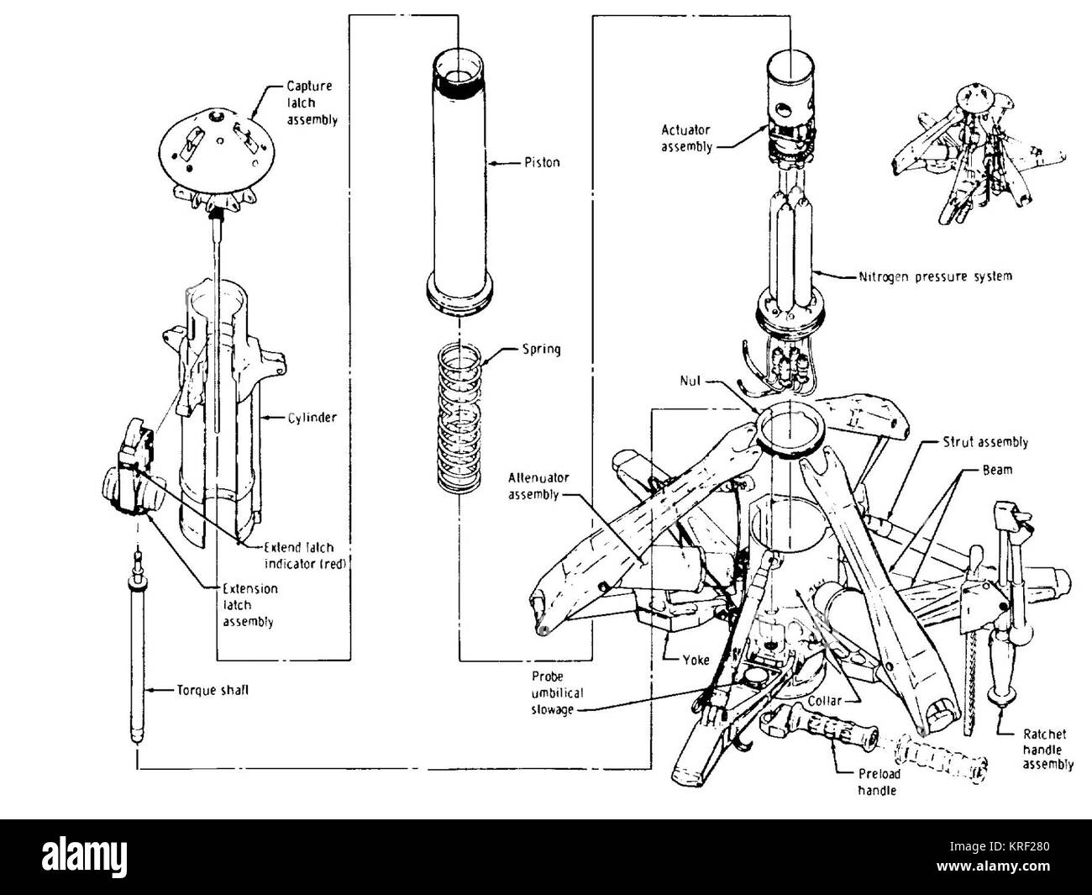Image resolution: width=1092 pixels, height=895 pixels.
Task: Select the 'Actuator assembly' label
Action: pyautogui.click(x=685, y=138)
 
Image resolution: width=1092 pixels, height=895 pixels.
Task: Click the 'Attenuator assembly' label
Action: pyautogui.click(x=538, y=486)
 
